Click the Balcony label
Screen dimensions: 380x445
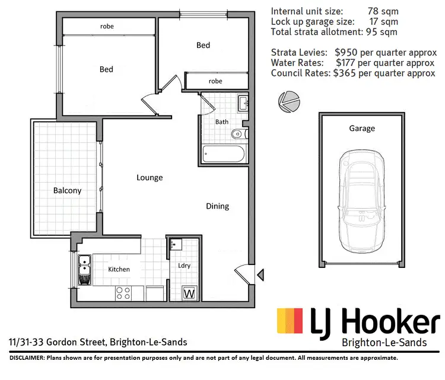pos(67,191)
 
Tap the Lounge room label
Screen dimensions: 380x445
pos(150,177)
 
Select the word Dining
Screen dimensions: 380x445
pos(217,206)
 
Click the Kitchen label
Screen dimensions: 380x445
pos(119,269)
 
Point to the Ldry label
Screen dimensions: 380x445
pos(184,266)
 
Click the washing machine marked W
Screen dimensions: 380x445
pos(190,293)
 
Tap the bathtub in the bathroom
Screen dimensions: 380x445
pos(223,155)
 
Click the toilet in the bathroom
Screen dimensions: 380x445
pos(237,133)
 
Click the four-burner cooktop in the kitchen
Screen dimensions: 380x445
pos(123,292)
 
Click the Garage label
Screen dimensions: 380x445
pos(362,128)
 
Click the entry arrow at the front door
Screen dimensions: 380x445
pos(259,273)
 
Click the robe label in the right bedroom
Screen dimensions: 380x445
pos(215,81)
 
